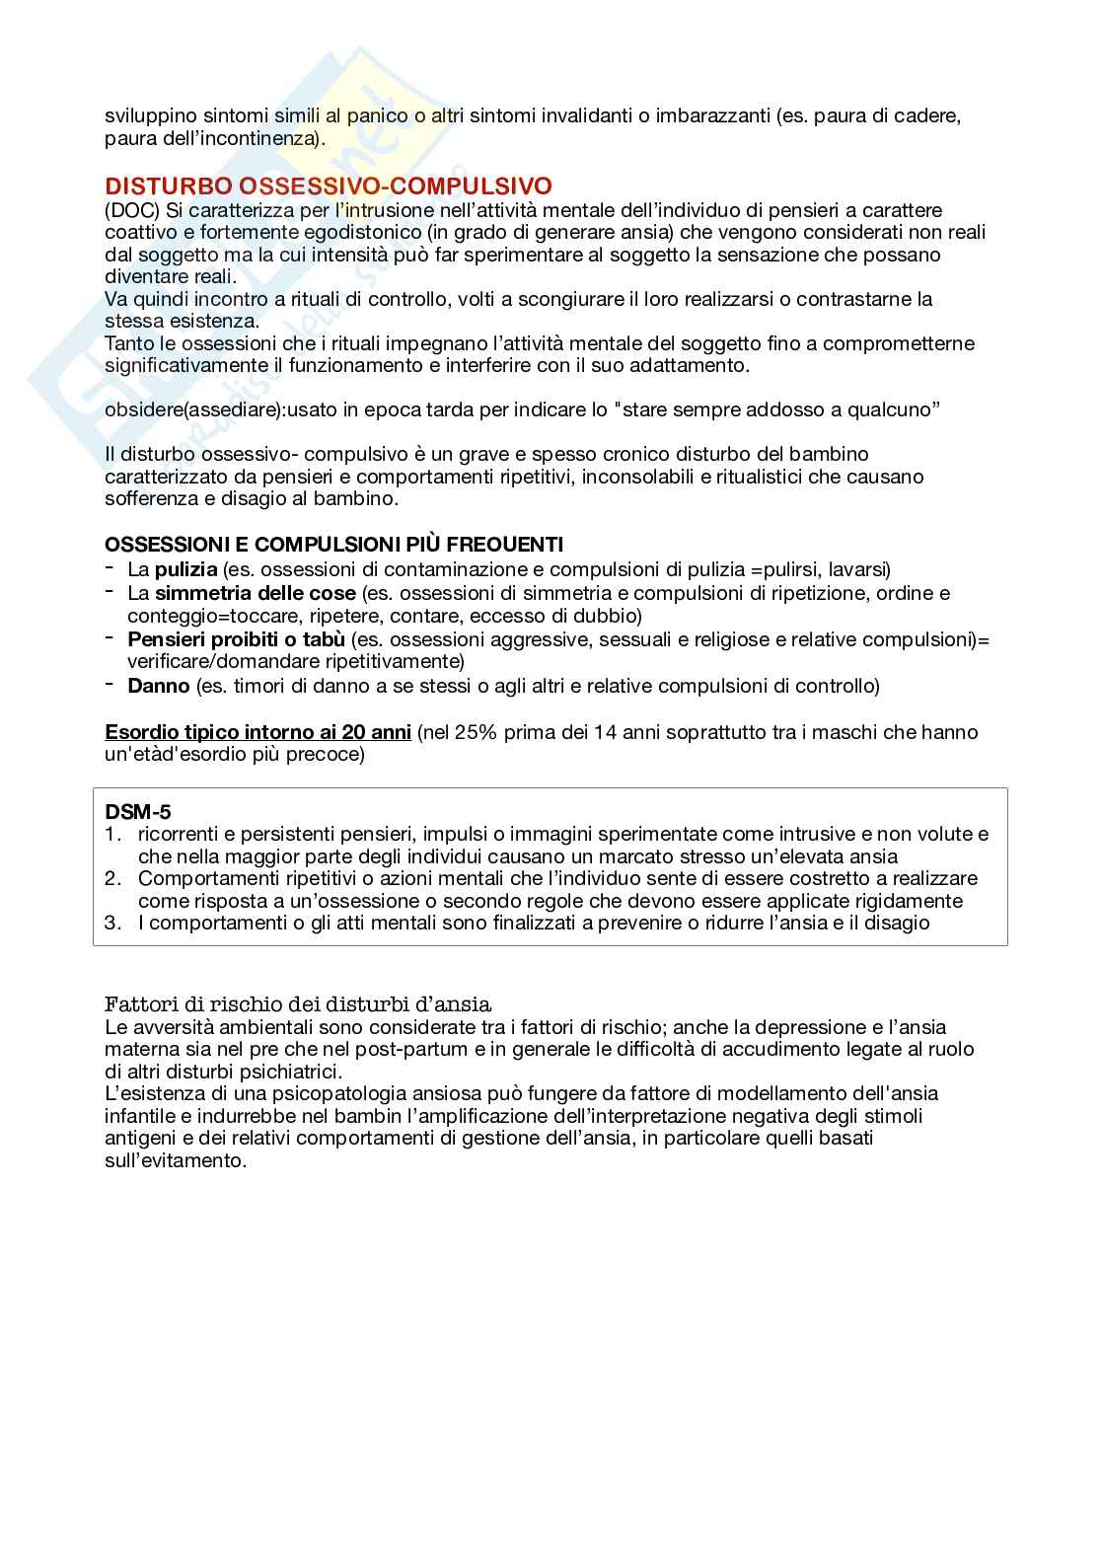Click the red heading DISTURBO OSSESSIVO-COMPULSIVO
click(329, 186)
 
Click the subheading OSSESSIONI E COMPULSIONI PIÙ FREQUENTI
click(334, 545)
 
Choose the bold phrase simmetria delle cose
click(255, 593)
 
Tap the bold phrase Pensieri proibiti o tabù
click(236, 639)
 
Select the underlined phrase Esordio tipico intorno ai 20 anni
click(257, 732)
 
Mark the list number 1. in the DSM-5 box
click(111, 834)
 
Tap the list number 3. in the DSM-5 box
click(111, 923)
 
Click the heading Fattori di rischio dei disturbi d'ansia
click(298, 1004)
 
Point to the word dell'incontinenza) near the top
click(214, 139)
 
